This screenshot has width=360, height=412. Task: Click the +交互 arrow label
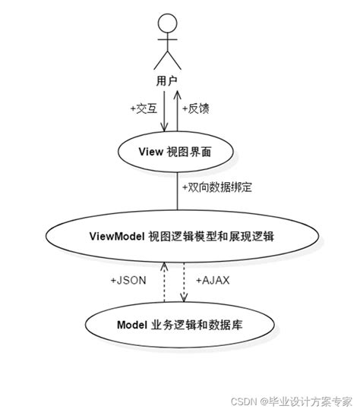[143, 108]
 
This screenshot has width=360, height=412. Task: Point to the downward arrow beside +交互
[165, 110]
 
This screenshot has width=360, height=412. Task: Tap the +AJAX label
[213, 280]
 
